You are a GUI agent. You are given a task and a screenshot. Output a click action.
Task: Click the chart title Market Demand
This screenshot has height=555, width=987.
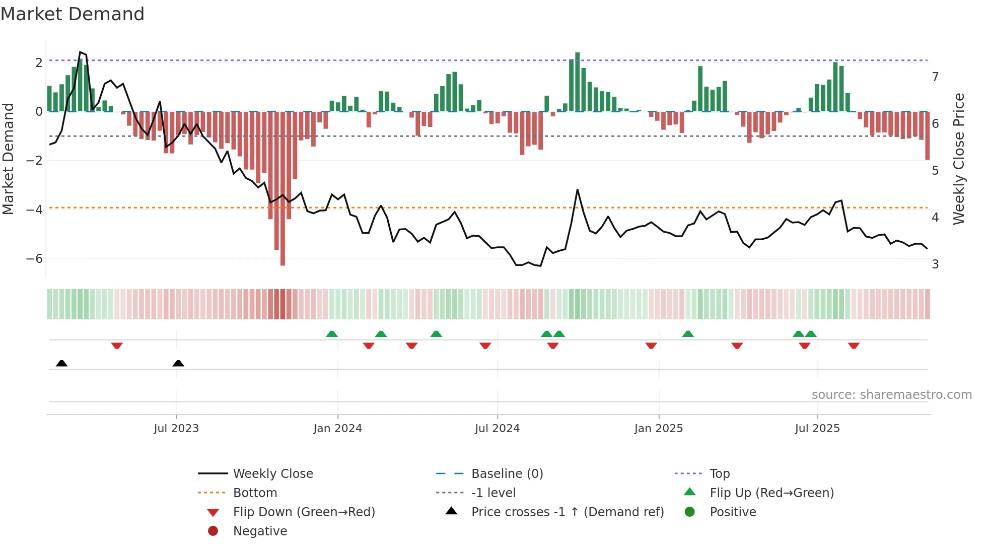click(73, 14)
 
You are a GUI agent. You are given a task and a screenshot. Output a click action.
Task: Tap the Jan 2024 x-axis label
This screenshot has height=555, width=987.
click(337, 429)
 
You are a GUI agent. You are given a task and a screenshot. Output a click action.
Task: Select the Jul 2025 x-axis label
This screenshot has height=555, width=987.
click(817, 429)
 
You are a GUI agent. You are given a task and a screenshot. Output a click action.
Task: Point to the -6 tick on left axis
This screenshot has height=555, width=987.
click(34, 259)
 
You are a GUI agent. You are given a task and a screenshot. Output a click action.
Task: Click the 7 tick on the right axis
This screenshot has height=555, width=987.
click(935, 77)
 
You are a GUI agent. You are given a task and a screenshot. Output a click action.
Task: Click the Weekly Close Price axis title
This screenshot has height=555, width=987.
click(958, 159)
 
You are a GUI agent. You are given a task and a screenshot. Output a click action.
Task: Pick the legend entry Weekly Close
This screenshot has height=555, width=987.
click(272, 474)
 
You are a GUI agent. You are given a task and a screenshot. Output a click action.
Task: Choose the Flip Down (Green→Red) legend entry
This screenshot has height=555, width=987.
click(304, 512)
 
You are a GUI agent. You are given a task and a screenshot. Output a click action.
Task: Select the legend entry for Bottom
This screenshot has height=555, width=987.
click(255, 493)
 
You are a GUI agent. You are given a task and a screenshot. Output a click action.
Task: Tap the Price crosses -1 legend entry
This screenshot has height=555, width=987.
click(567, 512)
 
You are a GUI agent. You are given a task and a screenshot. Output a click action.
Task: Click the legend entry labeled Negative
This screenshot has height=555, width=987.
click(260, 531)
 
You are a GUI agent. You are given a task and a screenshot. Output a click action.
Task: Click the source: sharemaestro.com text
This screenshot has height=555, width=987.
click(891, 395)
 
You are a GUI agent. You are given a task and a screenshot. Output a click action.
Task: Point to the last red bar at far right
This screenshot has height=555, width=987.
click(927, 136)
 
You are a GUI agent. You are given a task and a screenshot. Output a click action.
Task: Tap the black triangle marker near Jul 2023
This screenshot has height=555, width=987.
click(178, 363)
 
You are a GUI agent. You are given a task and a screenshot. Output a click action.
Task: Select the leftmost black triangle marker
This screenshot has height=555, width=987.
click(61, 363)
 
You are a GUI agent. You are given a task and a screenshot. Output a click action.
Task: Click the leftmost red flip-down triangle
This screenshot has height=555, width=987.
click(117, 345)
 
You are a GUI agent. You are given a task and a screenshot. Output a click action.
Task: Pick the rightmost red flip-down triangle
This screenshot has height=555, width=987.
click(854, 345)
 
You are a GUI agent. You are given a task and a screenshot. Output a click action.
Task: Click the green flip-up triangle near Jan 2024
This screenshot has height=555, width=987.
click(332, 334)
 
